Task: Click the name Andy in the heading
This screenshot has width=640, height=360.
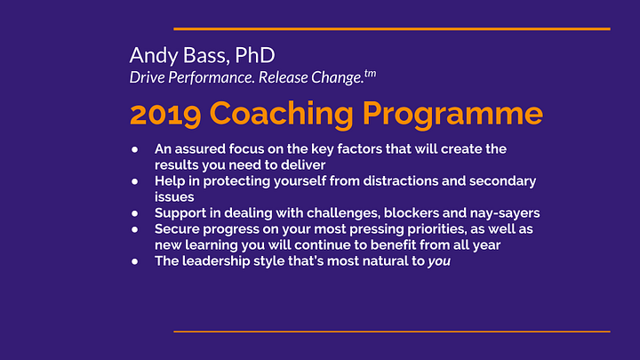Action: pyautogui.click(x=154, y=56)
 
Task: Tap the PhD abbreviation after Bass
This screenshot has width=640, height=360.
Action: pyautogui.click(x=255, y=55)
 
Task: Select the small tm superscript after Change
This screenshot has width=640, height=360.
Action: pyautogui.click(x=370, y=74)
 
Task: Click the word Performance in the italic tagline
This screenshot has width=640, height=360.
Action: pyautogui.click(x=212, y=77)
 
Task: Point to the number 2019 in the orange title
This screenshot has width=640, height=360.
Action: pyautogui.click(x=165, y=115)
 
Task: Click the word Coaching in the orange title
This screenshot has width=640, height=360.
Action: pyautogui.click(x=282, y=115)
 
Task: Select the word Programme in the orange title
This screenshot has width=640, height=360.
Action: pyautogui.click(x=452, y=115)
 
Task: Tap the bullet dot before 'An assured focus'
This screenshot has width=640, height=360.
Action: pyautogui.click(x=135, y=149)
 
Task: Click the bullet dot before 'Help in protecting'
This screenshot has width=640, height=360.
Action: pyautogui.click(x=135, y=181)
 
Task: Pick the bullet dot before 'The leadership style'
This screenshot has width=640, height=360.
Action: pyautogui.click(x=135, y=261)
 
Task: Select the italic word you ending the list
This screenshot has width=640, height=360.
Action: pyautogui.click(x=439, y=261)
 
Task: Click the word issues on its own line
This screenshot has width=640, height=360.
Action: pyautogui.click(x=174, y=197)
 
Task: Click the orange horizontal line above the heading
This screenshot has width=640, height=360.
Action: pyautogui.click(x=392, y=29)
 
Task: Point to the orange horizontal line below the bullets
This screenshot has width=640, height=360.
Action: pyautogui.click(x=392, y=332)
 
